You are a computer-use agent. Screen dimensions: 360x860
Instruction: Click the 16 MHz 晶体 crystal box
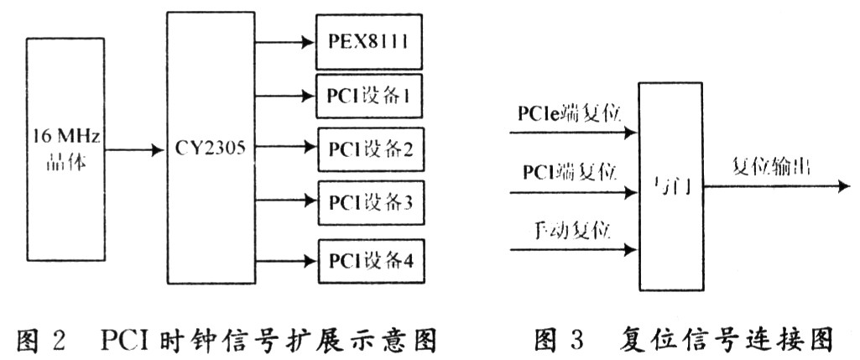point(65,149)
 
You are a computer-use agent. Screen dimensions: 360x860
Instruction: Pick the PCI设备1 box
point(367,95)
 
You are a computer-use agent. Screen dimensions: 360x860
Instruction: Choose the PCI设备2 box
point(367,149)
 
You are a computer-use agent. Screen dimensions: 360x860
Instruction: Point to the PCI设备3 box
point(367,204)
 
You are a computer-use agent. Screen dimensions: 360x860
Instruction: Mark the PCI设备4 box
point(367,259)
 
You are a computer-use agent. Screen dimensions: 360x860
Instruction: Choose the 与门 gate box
point(671,186)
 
